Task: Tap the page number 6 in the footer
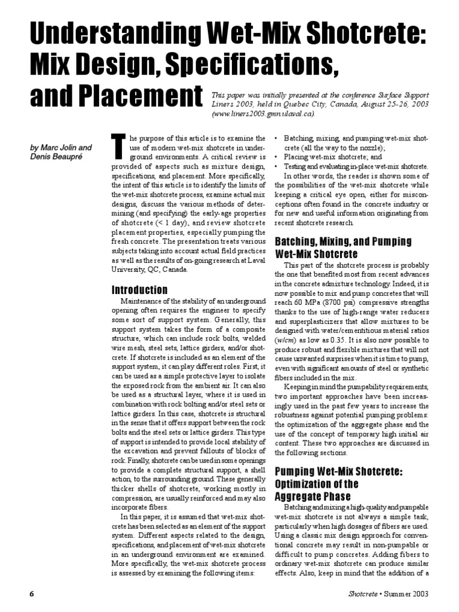pyautogui.click(x=31, y=593)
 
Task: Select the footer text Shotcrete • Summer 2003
pyautogui.click(x=389, y=593)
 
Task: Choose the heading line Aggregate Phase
pyautogui.click(x=313, y=495)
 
